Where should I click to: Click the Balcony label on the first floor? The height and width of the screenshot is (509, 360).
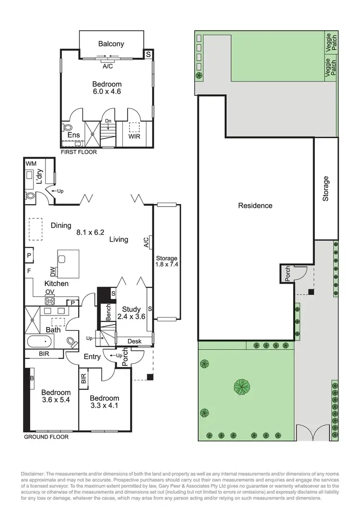111,44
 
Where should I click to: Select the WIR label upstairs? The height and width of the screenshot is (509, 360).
134,136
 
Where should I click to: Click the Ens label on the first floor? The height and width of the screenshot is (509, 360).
73,135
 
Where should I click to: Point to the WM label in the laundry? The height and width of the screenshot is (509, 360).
30,164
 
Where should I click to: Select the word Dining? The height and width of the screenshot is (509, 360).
60,225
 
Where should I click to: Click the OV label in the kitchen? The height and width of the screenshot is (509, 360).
49,292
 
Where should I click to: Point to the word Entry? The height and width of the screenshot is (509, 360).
92,356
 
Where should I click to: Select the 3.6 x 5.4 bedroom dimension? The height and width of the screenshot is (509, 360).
56,400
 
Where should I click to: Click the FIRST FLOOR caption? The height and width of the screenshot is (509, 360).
78,152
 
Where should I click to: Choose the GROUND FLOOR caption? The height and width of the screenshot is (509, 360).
46,437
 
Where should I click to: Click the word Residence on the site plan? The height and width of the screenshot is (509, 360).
255,206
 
